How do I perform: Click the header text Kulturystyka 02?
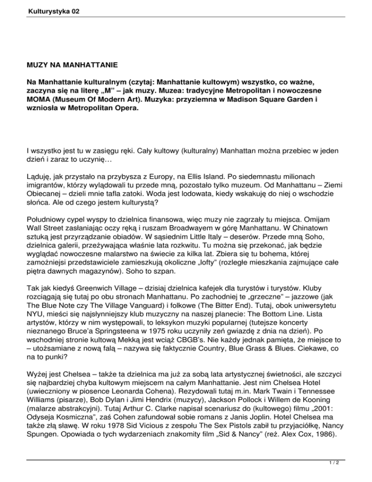click(x=32, y=10)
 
